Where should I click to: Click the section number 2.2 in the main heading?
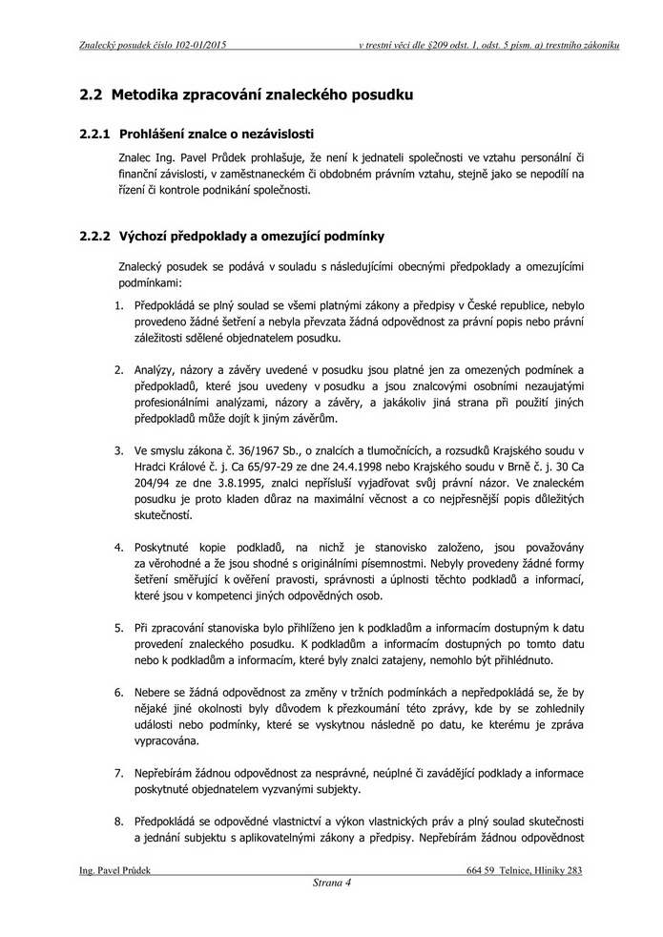click(92, 94)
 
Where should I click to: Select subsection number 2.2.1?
click(95, 134)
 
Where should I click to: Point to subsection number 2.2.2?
click(95, 236)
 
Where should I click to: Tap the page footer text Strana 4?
click(332, 883)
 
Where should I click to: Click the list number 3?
click(120, 448)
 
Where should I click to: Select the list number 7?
click(120, 773)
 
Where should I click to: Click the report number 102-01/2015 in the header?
click(196, 45)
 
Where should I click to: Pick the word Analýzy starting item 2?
click(157, 368)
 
